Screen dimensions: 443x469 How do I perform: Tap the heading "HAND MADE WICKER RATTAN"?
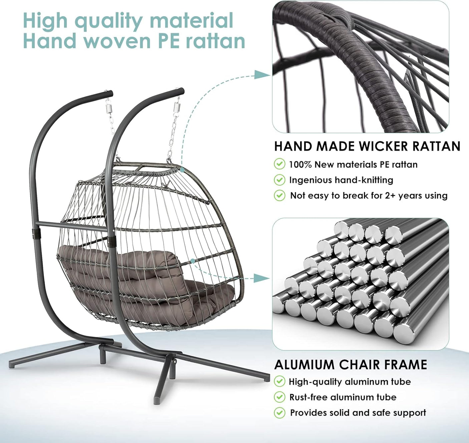click(x=367, y=146)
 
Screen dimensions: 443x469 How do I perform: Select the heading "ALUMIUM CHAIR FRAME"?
click(x=350, y=364)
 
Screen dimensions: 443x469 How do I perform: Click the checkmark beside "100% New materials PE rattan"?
click(x=280, y=164)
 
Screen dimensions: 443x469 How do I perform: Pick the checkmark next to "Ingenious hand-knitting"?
click(x=280, y=180)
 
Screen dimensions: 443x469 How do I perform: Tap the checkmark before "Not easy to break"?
click(x=280, y=195)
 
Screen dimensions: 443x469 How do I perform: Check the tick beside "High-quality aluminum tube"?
click(x=280, y=381)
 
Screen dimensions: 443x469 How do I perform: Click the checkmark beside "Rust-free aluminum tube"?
click(x=280, y=397)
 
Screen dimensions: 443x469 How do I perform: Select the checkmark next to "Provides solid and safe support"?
click(x=280, y=413)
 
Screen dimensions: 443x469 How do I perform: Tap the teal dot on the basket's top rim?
click(x=182, y=169)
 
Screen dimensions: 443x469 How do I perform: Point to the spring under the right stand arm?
click(x=177, y=108)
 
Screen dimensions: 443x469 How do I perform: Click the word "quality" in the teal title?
click(x=108, y=21)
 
